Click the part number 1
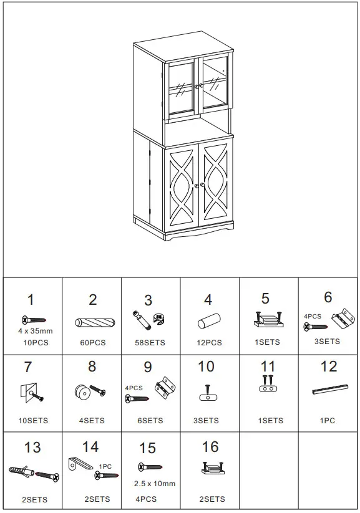(31, 301)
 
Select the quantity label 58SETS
(150, 343)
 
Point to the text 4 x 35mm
(35, 331)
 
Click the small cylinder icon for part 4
(207, 322)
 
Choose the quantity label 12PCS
(209, 342)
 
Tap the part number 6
(328, 297)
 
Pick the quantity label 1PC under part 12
(328, 421)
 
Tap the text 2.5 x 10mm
(155, 483)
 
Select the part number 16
(210, 446)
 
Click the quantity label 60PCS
(93, 343)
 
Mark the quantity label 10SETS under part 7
(33, 421)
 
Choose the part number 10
(206, 367)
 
